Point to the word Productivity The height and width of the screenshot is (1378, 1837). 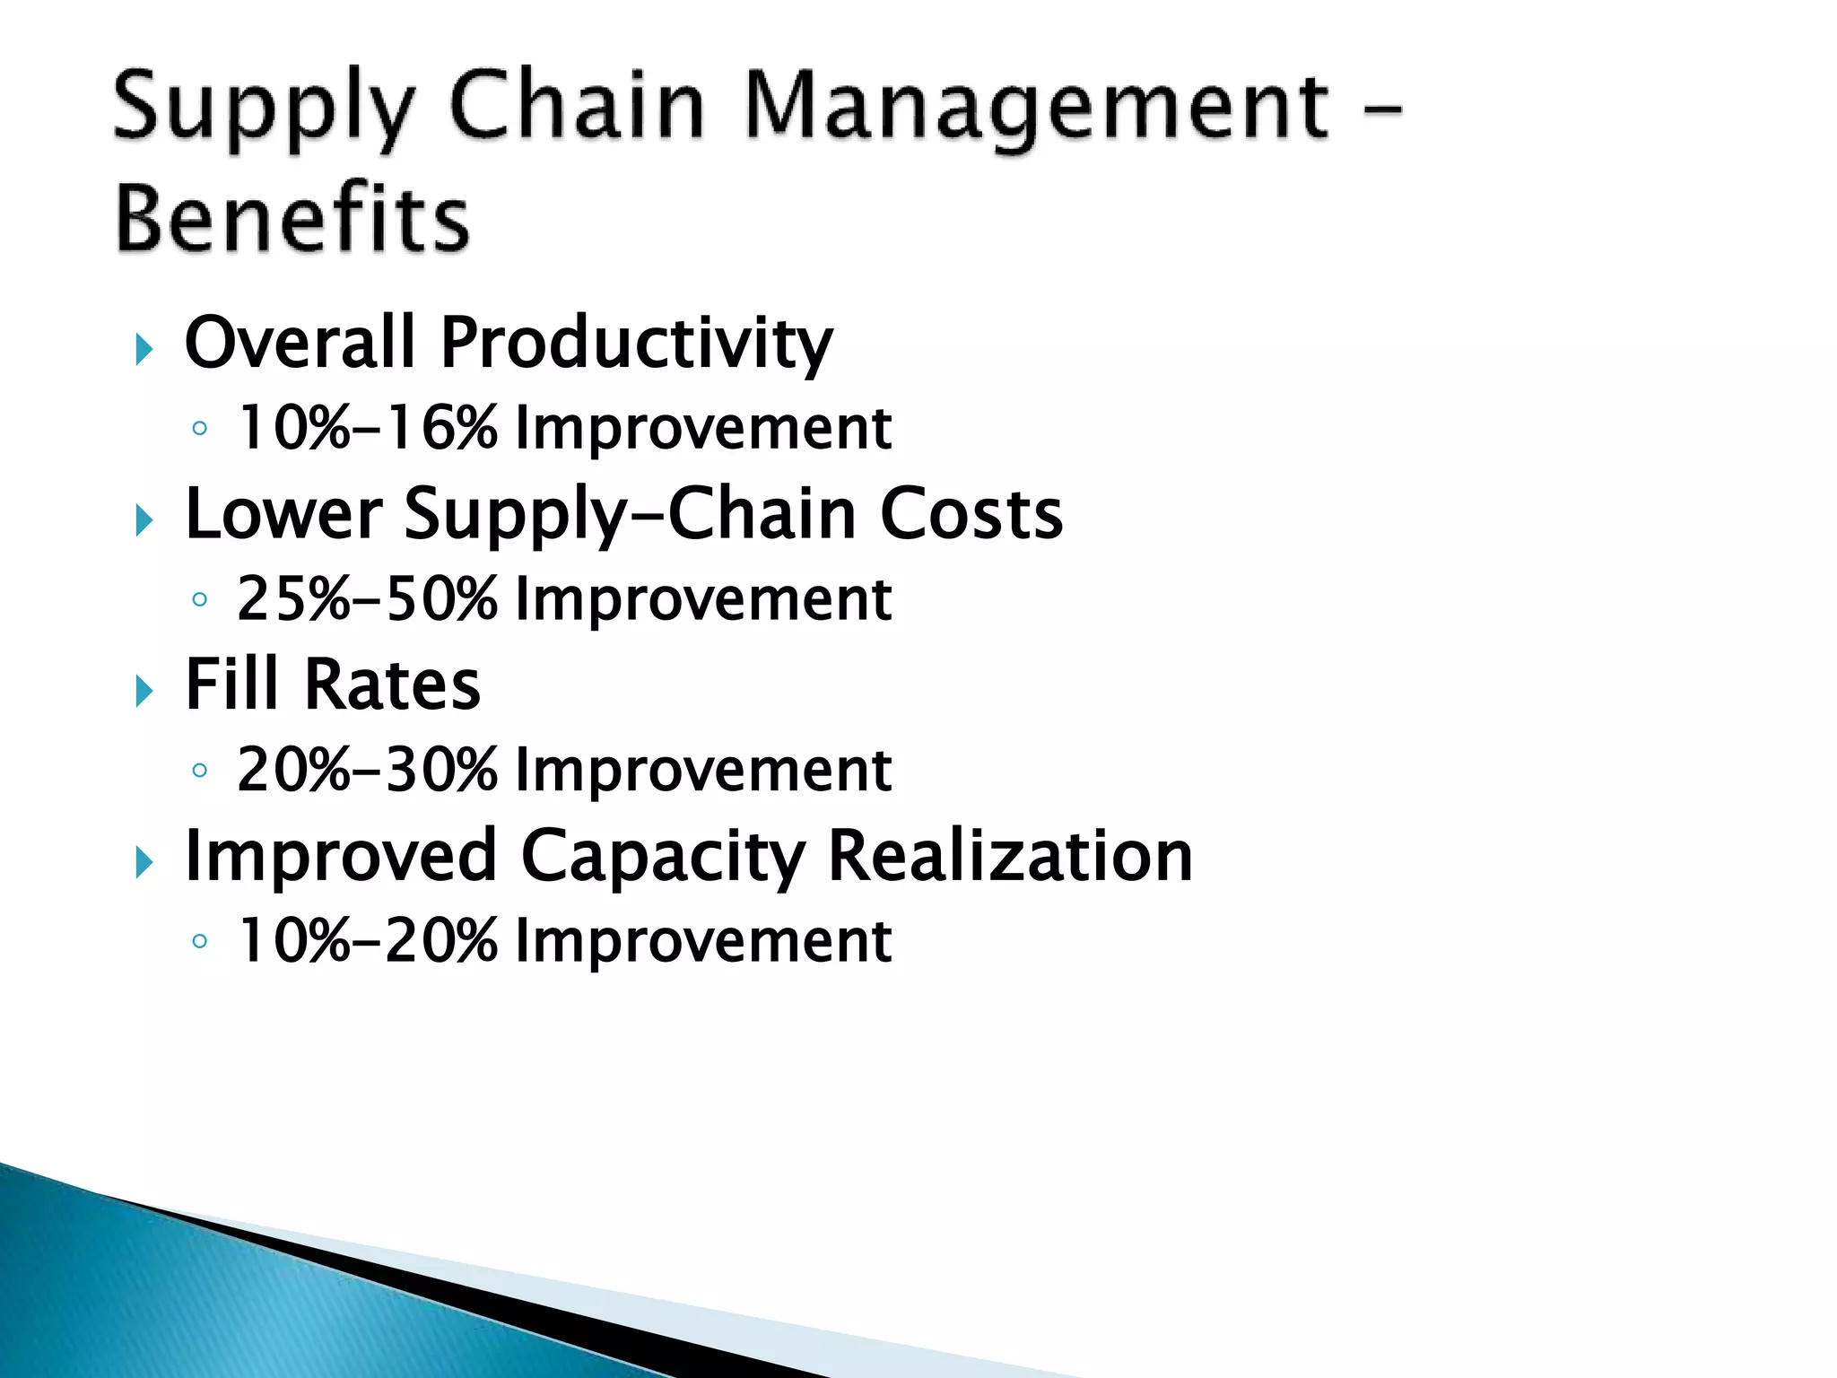pos(636,344)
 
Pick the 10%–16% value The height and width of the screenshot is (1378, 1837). pos(367,428)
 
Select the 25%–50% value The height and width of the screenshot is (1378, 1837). pos(367,599)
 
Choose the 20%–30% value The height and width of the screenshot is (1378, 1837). pos(367,771)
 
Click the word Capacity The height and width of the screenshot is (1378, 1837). pos(663,858)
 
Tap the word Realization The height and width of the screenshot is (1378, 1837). pos(1010,856)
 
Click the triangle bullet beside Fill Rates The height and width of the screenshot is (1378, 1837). pos(144,691)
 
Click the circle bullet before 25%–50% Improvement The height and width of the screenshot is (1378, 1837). pos(200,599)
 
